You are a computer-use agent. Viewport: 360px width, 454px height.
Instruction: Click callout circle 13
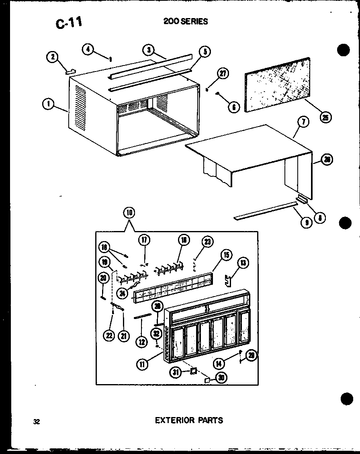[243, 264]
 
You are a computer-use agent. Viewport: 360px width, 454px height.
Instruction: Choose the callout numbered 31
[175, 372]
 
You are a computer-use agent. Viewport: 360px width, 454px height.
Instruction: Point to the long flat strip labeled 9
[265, 212]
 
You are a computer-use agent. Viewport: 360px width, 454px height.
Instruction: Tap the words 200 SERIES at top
[186, 21]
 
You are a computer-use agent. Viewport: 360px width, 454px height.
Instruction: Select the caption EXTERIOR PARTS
[189, 420]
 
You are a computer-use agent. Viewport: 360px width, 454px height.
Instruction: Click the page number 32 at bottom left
[37, 421]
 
